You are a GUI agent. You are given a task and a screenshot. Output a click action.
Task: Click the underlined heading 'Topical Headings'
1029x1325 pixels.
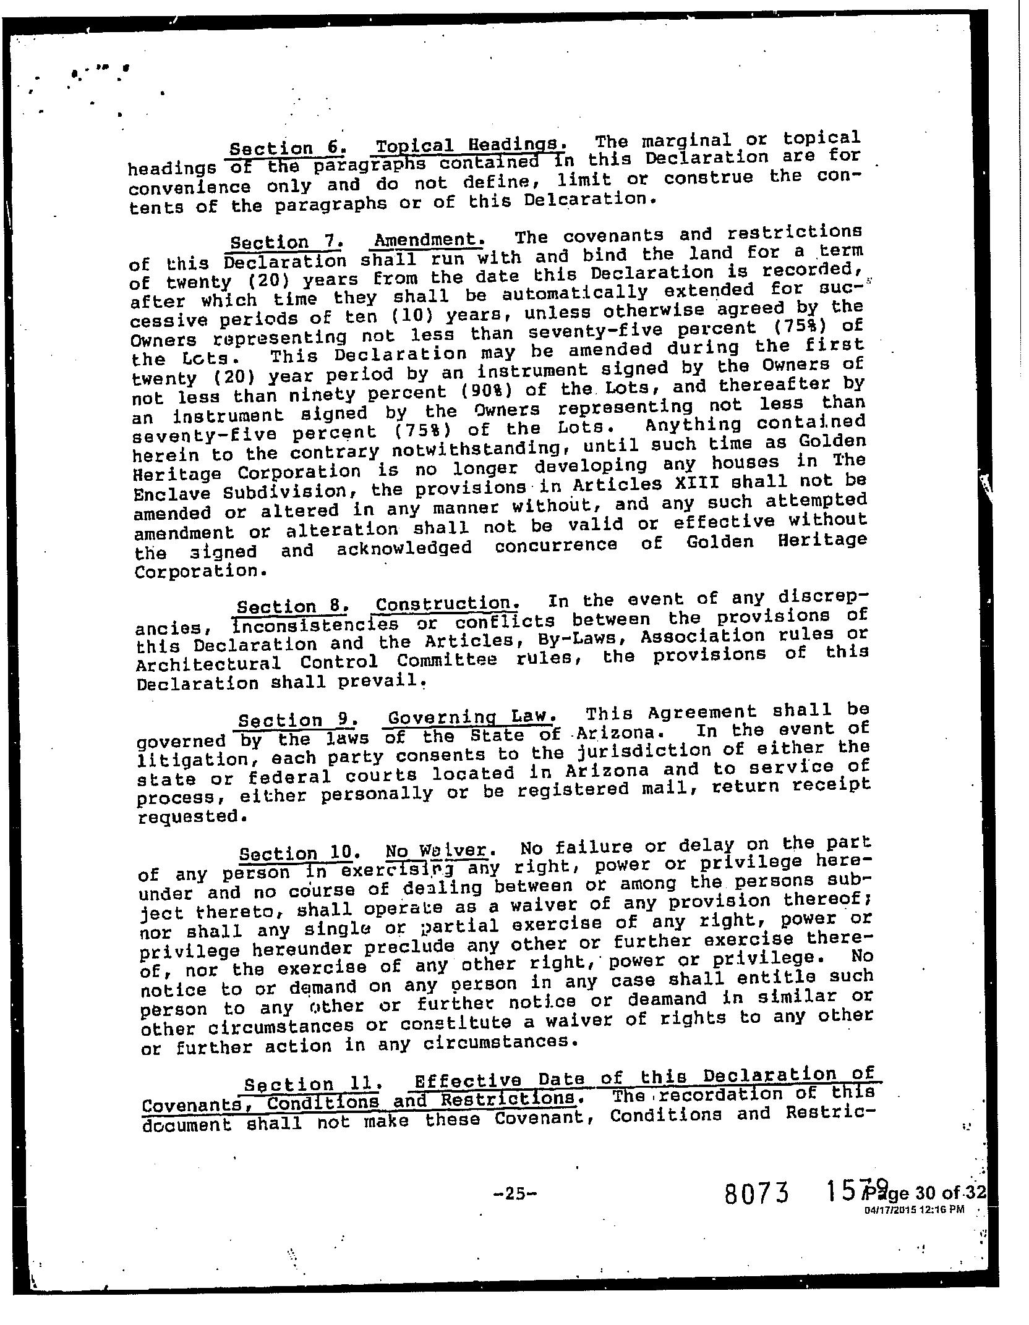point(469,146)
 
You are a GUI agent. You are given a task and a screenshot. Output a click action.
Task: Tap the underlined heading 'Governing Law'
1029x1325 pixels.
point(470,718)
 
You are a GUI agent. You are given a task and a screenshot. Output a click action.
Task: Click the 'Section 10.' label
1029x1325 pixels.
point(296,854)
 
